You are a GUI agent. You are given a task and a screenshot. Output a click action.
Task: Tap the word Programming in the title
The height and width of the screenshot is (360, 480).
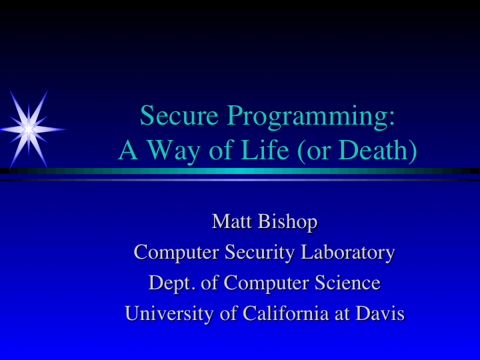pyautogui.click(x=311, y=117)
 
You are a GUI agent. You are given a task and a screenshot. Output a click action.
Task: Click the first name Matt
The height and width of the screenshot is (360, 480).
pyautogui.click(x=231, y=221)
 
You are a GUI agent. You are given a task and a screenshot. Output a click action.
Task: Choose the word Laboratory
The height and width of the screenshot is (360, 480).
pyautogui.click(x=347, y=253)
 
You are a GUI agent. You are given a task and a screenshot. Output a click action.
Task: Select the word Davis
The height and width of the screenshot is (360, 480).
pyautogui.click(x=379, y=313)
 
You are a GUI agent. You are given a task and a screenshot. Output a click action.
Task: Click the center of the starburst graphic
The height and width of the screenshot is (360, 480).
pyautogui.click(x=29, y=127)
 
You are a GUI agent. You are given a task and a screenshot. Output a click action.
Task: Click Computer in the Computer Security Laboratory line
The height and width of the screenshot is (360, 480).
pyautogui.click(x=176, y=253)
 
